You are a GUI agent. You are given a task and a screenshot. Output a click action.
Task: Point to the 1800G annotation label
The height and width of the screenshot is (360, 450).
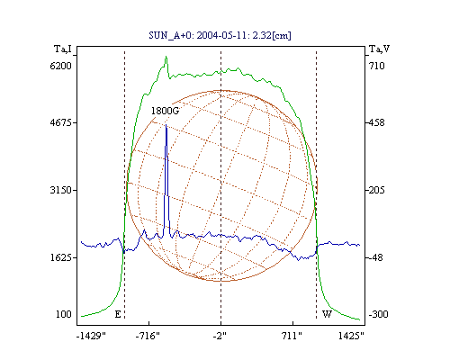[x=165, y=111]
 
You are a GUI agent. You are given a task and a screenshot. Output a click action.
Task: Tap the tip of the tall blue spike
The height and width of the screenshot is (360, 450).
[x=166, y=124]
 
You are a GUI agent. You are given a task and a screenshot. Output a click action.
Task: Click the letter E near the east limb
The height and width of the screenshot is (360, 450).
[x=118, y=314]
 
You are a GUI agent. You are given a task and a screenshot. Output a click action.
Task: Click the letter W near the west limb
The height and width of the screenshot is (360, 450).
[x=327, y=314]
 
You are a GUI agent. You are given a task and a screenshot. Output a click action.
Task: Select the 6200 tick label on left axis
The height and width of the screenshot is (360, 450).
[x=60, y=66]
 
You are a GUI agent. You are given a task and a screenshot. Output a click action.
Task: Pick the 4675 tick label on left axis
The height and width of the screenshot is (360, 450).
[x=60, y=122]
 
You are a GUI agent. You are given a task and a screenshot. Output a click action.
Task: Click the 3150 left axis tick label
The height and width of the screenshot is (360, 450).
[x=60, y=190]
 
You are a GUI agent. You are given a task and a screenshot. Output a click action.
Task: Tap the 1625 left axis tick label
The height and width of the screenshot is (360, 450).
[x=60, y=257]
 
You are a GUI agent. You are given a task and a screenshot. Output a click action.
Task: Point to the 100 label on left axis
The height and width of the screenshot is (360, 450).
[x=64, y=314]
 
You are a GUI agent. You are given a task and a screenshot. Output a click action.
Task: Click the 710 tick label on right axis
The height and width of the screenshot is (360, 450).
[x=377, y=66]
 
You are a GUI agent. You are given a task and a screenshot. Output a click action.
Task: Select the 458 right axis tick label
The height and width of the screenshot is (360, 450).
[x=377, y=122]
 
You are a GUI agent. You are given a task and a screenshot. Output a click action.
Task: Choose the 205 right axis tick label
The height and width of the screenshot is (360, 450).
[x=377, y=190]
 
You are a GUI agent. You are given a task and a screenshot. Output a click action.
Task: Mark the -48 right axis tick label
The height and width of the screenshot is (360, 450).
[x=376, y=257]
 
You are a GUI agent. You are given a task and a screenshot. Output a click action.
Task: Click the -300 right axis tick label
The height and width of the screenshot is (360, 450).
[x=378, y=314]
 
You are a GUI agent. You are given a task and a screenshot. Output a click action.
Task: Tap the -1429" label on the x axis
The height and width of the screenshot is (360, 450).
[x=91, y=336]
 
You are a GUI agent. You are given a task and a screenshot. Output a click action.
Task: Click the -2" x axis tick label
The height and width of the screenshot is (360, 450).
[x=220, y=336]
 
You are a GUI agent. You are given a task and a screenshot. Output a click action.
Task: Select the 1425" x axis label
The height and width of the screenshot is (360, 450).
[x=351, y=336]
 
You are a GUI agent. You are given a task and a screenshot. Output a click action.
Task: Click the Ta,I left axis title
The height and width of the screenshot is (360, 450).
[x=63, y=49]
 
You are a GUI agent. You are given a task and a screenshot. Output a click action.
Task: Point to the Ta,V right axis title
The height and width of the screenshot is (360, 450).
[x=379, y=49]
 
